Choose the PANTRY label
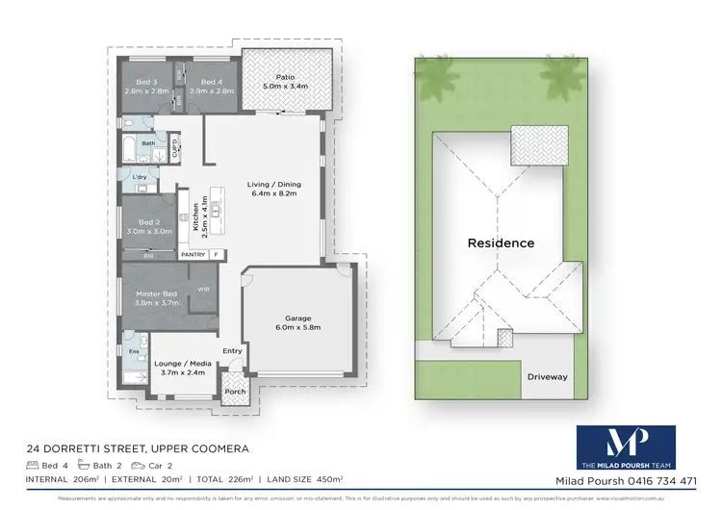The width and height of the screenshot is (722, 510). point(193,255)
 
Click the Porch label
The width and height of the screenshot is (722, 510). point(234,392)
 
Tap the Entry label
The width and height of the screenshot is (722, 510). point(233,351)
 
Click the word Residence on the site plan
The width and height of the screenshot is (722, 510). point(501,242)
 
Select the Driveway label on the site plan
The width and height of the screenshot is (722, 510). point(547,377)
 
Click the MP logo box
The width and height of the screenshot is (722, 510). point(625,447)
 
